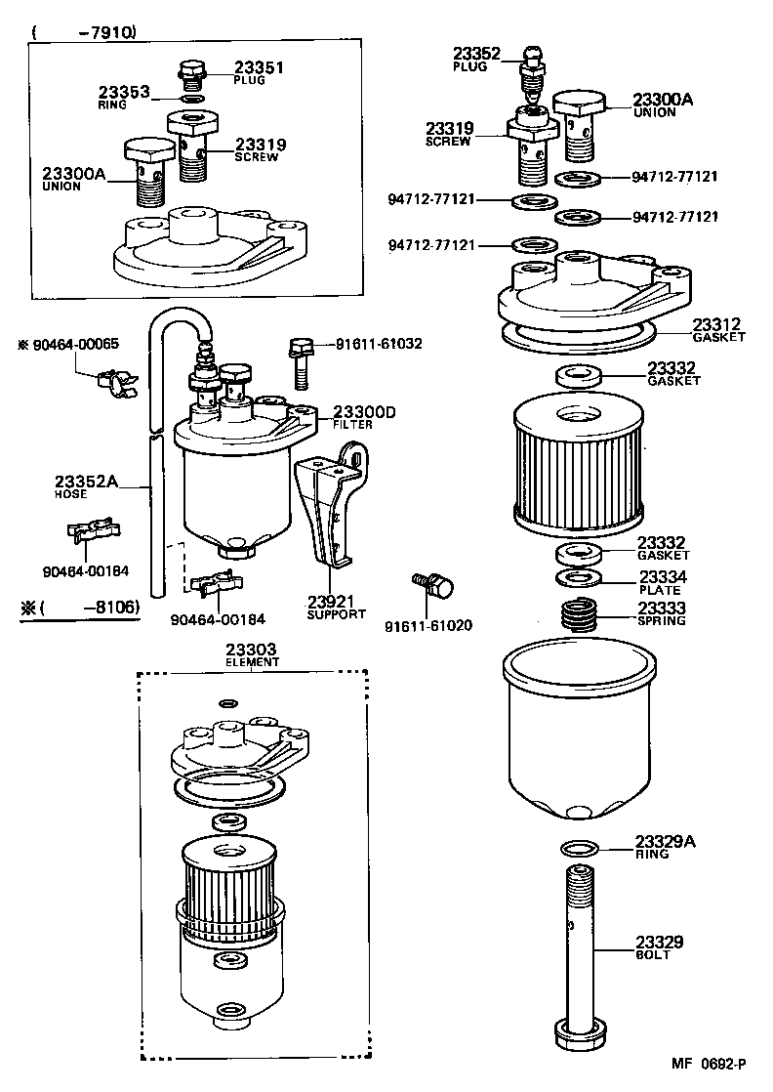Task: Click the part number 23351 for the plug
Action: point(257,67)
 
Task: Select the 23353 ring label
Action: point(123,93)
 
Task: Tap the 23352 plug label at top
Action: point(475,55)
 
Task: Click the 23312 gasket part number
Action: point(717,324)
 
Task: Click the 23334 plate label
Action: point(663,577)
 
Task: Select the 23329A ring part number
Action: point(665,841)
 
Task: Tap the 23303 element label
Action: point(252,650)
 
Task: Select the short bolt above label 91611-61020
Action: point(433,586)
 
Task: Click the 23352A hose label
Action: point(86,481)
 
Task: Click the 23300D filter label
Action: point(363,412)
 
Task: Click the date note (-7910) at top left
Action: point(84,32)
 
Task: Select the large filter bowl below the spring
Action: point(575,733)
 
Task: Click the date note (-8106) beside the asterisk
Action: point(89,608)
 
